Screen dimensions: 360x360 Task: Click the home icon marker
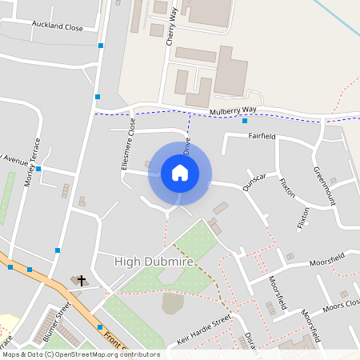coord(180,172)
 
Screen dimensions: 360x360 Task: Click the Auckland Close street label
coord(58,27)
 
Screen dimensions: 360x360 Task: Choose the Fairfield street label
coord(261,136)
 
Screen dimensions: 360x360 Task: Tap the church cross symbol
coord(82,281)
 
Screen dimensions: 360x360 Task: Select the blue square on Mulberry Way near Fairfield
coord(245,121)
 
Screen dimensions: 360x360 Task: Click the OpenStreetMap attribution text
coord(80,354)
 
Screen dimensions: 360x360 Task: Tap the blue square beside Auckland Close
coord(101,46)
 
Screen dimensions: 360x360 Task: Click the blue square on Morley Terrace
coord(38,170)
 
